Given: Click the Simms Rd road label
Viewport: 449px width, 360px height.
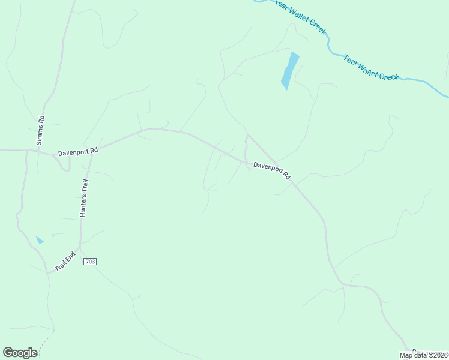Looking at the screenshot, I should click(40, 131).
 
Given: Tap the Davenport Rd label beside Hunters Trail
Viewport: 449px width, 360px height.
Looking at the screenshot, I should click(77, 152).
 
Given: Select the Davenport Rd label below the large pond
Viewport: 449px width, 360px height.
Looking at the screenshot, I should click(271, 170).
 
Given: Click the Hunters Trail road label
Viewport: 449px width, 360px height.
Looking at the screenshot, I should click(84, 197).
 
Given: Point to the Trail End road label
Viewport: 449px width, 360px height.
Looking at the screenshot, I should click(65, 260).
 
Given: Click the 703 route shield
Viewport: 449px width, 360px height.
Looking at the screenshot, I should click(90, 262).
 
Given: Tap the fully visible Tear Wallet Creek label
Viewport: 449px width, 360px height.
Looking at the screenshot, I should click(370, 67).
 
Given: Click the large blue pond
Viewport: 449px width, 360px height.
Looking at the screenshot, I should click(289, 70).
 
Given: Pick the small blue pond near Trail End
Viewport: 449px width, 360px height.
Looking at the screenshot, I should click(40, 240).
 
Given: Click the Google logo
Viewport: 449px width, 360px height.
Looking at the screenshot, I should click(20, 353).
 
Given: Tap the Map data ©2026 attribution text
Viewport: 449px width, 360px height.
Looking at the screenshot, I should click(423, 355).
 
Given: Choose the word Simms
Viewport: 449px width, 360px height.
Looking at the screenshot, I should click(40, 136).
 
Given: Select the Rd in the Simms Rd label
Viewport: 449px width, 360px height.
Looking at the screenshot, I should click(41, 120).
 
